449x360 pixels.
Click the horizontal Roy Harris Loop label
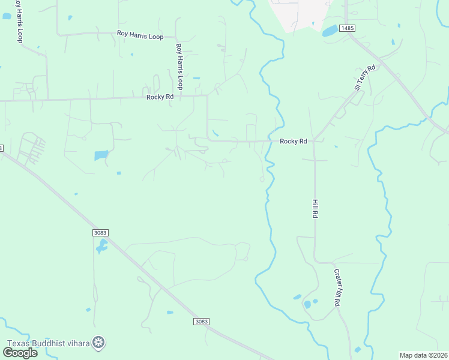click(140, 37)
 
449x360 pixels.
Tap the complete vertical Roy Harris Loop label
click(179, 66)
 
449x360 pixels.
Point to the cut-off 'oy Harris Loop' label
click(19, 22)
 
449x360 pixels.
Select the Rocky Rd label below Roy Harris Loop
click(160, 97)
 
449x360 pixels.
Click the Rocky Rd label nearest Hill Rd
click(294, 142)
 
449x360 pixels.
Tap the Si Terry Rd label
click(364, 77)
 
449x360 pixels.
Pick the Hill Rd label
click(314, 208)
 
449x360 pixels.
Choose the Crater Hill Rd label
click(337, 288)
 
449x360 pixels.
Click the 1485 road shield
click(347, 28)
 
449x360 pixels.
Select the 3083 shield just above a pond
click(101, 232)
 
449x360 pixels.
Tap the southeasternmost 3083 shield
click(202, 322)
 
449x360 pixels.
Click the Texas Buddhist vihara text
click(47, 343)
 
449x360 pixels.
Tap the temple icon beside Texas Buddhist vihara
click(100, 343)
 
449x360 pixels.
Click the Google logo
click(20, 353)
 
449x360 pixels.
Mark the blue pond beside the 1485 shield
click(330, 31)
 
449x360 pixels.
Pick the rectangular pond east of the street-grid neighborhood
click(101, 155)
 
